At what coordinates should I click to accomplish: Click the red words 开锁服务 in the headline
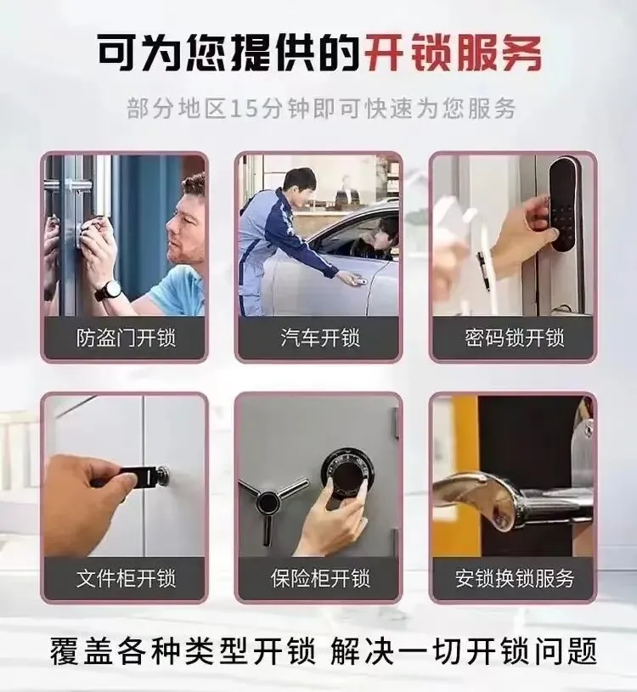point(454,52)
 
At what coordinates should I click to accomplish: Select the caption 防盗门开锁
point(126,338)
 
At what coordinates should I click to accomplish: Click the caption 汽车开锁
point(320,338)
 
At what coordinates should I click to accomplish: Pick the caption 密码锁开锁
point(515,338)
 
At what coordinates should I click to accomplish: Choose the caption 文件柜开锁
point(126,578)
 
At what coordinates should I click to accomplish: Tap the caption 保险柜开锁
point(320,578)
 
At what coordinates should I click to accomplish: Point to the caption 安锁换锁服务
point(515,578)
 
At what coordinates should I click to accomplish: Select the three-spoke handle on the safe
point(270,504)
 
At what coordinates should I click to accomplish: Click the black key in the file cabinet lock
point(140,476)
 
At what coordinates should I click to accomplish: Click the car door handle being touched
point(358,280)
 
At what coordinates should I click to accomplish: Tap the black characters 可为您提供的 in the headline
point(228,52)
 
